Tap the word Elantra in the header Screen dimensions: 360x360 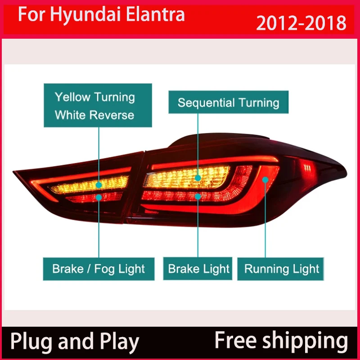[155, 15]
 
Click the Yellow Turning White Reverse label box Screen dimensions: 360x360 [98, 105]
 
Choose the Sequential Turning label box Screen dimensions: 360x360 [229, 102]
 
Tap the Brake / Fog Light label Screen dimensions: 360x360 [99, 269]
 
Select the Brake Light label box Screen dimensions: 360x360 [198, 269]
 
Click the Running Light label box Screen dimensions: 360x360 [280, 269]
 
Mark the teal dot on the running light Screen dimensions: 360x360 [265, 180]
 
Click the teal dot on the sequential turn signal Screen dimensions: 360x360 [198, 178]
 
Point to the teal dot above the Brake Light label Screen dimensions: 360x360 [198, 196]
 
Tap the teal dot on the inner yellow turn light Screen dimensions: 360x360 [99, 185]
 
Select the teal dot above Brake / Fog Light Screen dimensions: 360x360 [99, 197]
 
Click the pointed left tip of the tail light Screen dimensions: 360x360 [13, 171]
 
